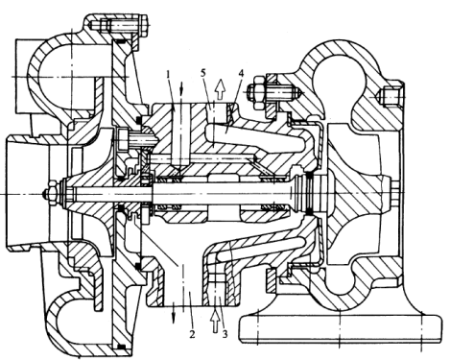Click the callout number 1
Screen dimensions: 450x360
(169, 74)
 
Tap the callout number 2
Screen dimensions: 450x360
(192, 334)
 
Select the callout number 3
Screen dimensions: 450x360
(225, 334)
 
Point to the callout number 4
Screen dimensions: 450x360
(241, 73)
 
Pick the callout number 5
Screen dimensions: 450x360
(203, 73)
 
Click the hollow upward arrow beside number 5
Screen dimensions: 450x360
(220, 88)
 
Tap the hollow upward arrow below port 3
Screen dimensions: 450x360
(216, 321)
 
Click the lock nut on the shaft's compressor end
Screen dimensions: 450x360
(51, 194)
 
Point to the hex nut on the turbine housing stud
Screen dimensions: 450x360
(257, 91)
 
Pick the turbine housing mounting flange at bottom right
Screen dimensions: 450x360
(341, 330)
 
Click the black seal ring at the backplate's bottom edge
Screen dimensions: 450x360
(121, 347)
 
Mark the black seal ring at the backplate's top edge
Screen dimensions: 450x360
(120, 41)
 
